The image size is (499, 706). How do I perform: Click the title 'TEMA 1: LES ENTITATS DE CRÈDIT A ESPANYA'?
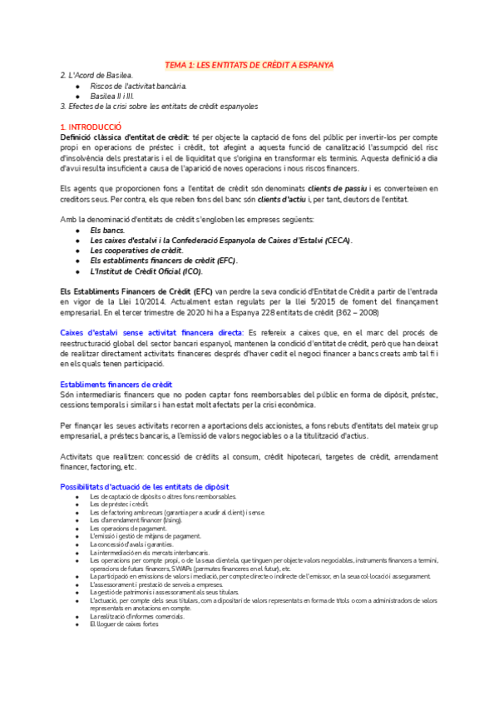pyautogui.click(x=249, y=65)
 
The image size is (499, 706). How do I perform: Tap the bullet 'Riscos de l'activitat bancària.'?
pyautogui.click(x=138, y=86)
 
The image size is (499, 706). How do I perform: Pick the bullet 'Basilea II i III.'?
pyautogui.click(x=118, y=96)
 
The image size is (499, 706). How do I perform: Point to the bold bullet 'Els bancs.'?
pyautogui.click(x=107, y=229)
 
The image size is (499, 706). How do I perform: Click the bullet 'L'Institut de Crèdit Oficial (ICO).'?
pyautogui.click(x=146, y=271)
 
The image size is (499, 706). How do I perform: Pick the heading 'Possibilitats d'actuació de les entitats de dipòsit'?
pyautogui.click(x=146, y=486)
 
